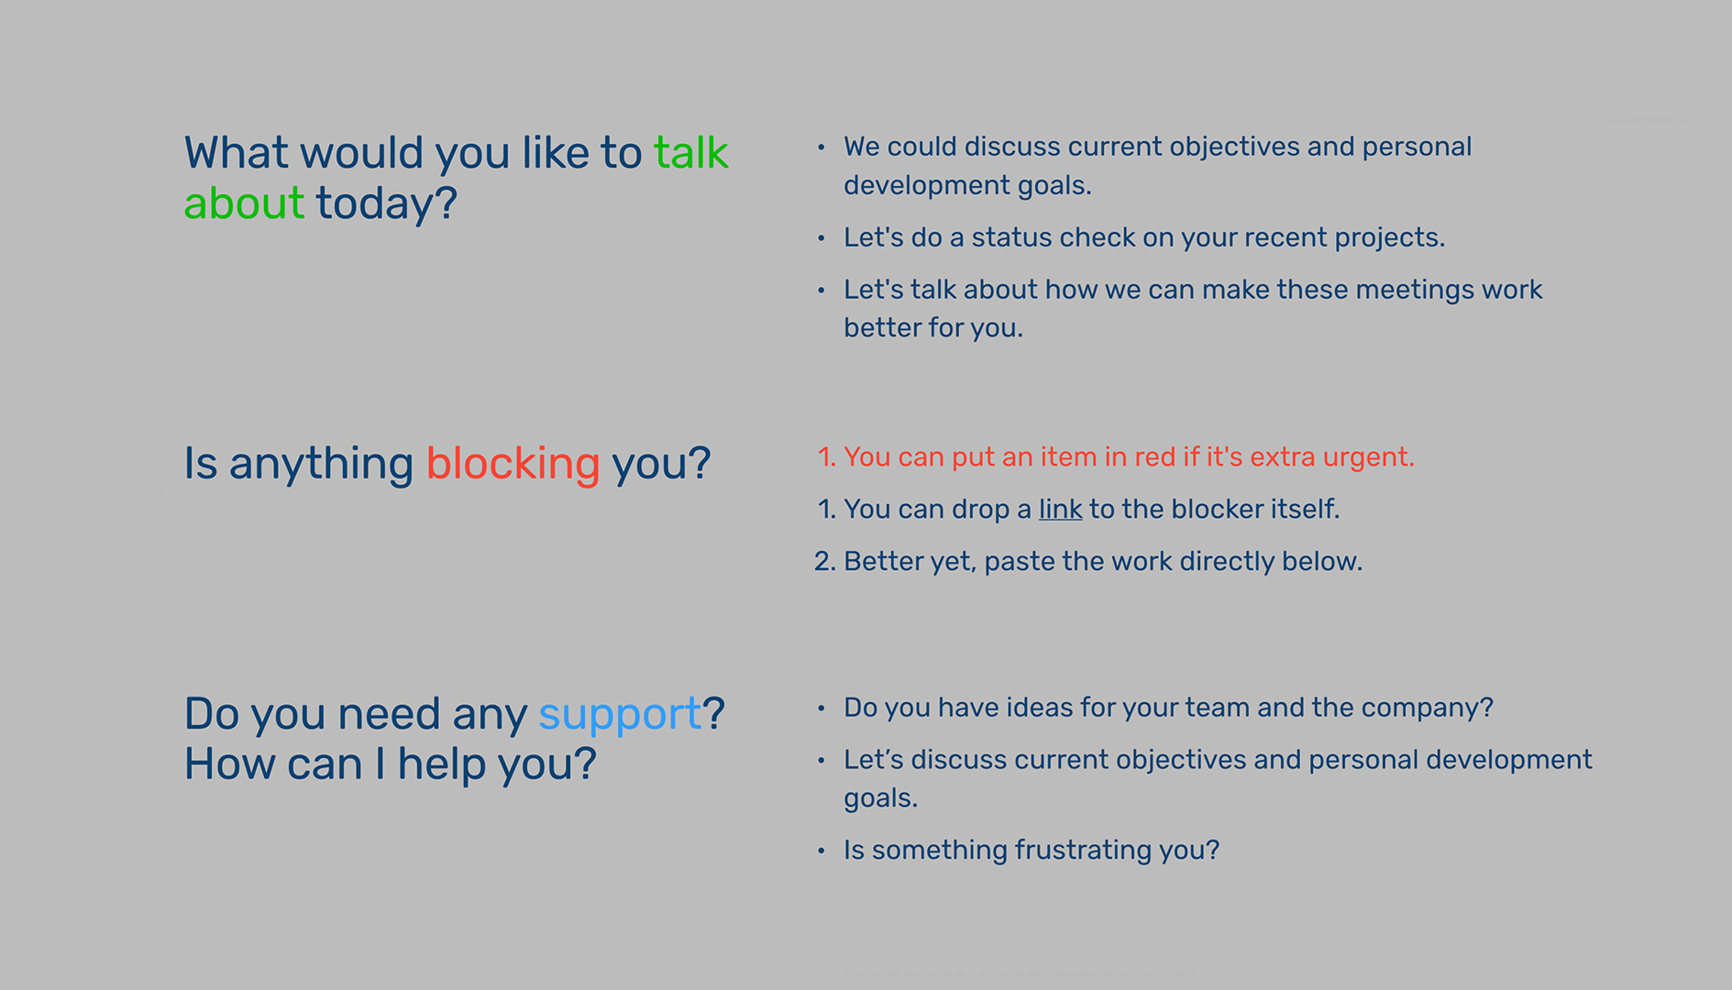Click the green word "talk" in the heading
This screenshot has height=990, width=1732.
(690, 152)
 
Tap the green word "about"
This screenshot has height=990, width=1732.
(244, 203)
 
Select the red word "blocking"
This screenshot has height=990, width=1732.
(513, 464)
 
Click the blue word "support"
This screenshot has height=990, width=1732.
(620, 715)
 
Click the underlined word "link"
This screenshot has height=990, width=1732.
(1060, 509)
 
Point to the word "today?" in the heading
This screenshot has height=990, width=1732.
(386, 203)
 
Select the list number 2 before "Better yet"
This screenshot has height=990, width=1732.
(824, 561)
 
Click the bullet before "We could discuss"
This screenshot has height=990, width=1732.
(822, 147)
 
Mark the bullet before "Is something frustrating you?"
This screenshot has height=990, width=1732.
(822, 851)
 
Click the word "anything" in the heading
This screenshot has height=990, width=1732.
(321, 464)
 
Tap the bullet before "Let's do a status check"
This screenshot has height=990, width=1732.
(822, 238)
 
